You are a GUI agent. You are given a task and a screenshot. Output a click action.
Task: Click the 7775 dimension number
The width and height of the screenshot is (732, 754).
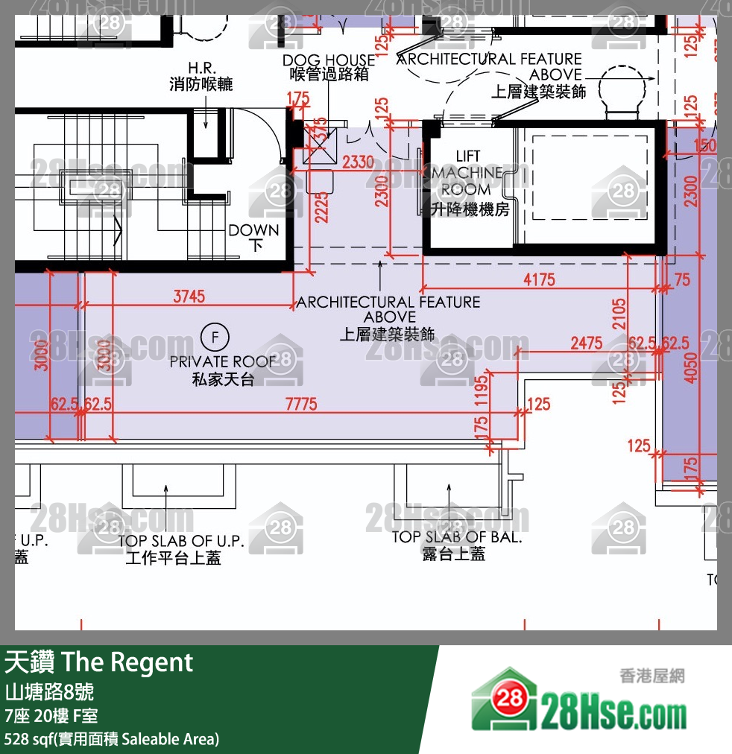(301, 405)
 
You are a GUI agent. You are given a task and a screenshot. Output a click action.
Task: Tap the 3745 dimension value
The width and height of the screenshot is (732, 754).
(189, 297)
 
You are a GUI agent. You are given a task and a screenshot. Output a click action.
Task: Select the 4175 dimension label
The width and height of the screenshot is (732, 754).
(540, 280)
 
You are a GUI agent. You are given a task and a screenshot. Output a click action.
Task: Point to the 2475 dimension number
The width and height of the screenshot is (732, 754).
(587, 343)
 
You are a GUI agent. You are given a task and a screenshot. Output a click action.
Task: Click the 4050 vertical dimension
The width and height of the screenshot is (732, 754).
(691, 364)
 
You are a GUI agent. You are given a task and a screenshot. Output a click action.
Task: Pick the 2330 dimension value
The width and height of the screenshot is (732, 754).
(358, 162)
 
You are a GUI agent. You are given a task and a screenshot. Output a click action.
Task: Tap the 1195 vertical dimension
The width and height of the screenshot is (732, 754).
(482, 391)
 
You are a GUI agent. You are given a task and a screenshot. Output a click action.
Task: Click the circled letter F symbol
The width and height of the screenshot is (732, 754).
(215, 338)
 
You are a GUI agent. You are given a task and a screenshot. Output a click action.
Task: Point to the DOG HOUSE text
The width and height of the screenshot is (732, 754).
(328, 60)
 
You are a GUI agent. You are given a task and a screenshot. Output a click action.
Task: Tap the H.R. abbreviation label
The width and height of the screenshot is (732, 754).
(201, 68)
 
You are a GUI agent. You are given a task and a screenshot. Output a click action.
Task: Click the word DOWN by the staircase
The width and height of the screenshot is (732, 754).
(253, 230)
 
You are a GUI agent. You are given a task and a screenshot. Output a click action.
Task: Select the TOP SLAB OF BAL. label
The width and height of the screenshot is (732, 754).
(456, 536)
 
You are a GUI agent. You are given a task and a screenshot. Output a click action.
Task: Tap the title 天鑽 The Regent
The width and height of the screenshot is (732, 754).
(99, 662)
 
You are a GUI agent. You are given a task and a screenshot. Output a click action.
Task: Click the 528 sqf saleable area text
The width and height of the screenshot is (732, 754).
(112, 739)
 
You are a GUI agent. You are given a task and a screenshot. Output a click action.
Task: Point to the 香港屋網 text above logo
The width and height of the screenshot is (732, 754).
(651, 677)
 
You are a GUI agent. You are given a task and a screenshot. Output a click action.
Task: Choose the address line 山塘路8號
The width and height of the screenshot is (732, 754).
(49, 692)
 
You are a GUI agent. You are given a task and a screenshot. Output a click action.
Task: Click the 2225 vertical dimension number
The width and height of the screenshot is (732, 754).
(321, 204)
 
